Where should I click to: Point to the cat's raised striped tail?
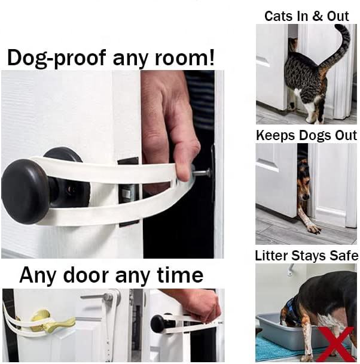[341, 45]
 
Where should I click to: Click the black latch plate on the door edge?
[129, 192]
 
